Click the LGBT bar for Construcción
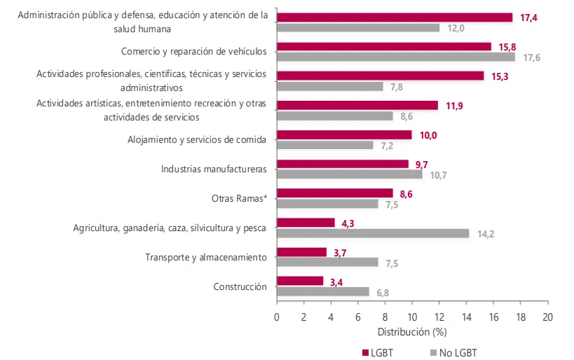pyautogui.click(x=300, y=281)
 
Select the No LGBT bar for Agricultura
pyautogui.click(x=373, y=233)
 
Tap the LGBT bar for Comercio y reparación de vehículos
pyautogui.click(x=384, y=46)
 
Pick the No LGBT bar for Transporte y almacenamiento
pyautogui.click(x=327, y=263)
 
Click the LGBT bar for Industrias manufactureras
pyautogui.click(x=343, y=164)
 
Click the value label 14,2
pyautogui.click(x=486, y=234)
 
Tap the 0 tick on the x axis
pyautogui.click(x=277, y=316)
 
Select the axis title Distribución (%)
pyautogui.click(x=412, y=331)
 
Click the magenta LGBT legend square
pyautogui.click(x=364, y=352)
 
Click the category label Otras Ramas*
pyautogui.click(x=239, y=198)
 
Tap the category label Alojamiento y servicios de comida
pyautogui.click(x=196, y=139)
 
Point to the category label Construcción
pyautogui.click(x=240, y=286)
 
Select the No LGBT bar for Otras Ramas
pyautogui.click(x=327, y=204)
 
